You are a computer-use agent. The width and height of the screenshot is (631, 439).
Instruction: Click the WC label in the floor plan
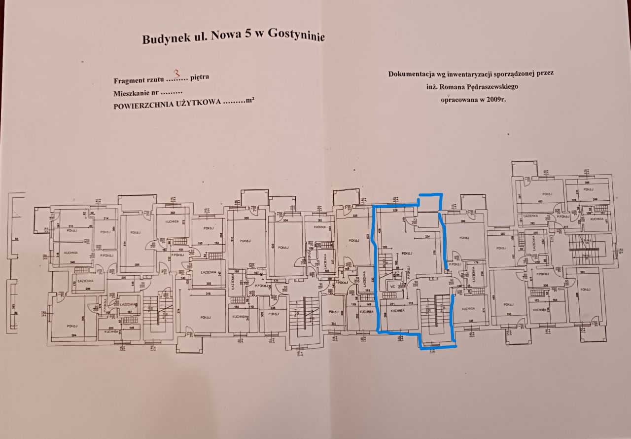click(393, 286)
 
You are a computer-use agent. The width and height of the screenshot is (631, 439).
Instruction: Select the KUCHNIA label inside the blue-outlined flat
click(397, 311)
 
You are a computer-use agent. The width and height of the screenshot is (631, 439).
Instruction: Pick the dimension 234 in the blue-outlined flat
click(427, 237)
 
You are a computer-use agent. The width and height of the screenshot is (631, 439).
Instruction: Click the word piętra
click(201, 77)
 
